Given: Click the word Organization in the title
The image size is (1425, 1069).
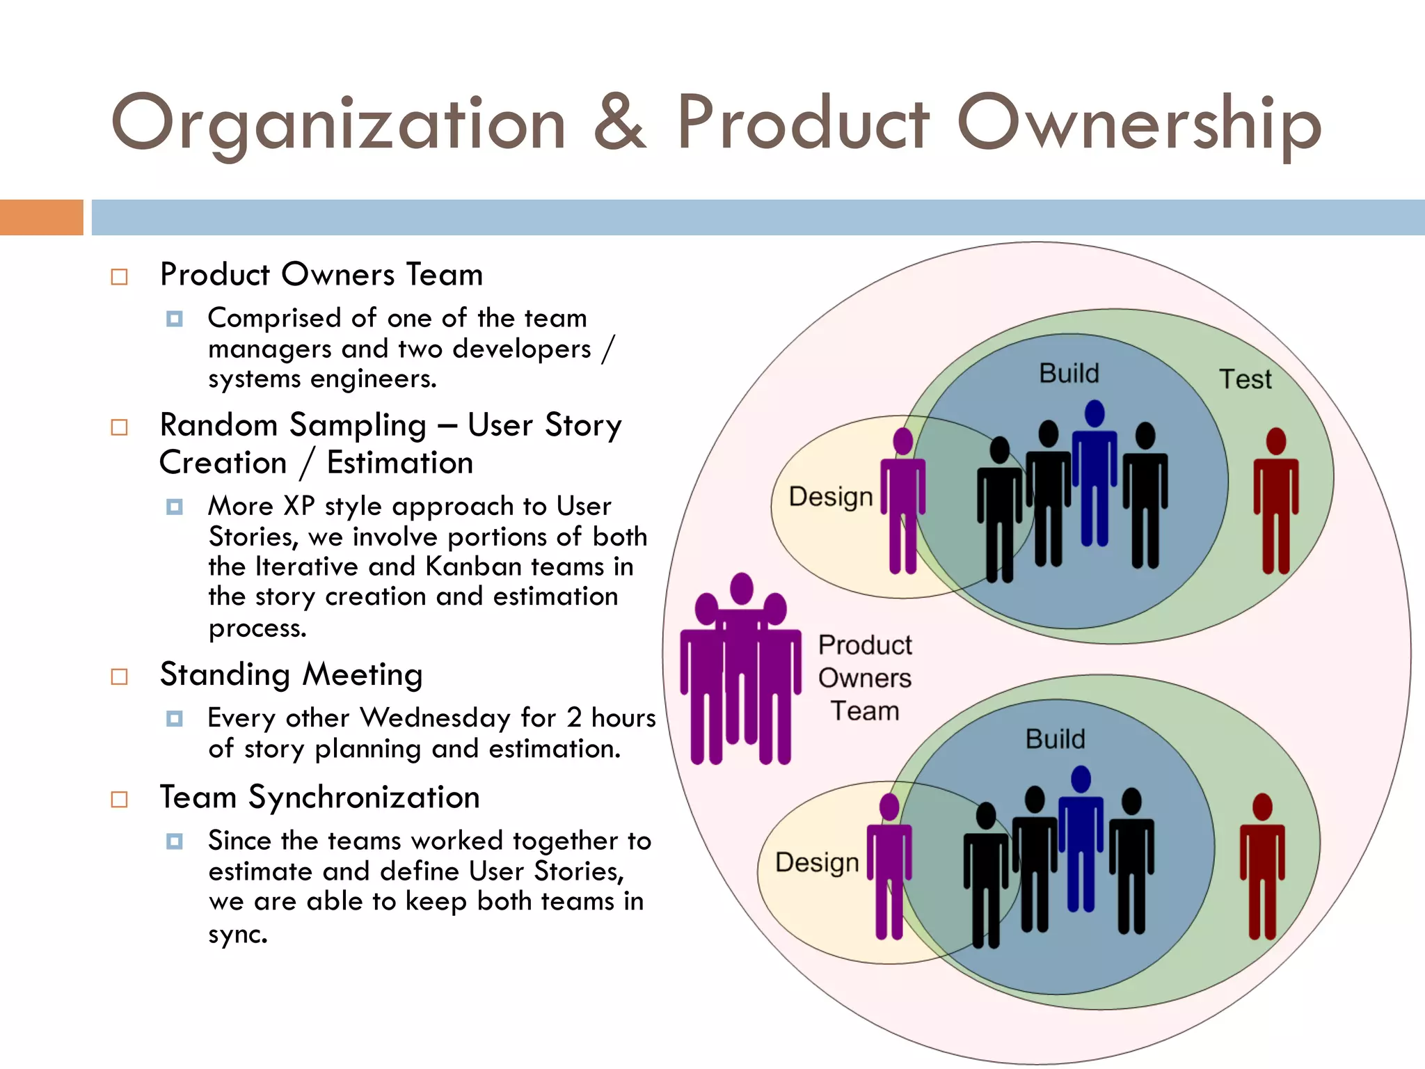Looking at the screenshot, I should click(339, 124).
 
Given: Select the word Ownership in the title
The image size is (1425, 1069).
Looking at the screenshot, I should click(1139, 124).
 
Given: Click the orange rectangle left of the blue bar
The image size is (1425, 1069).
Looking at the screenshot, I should click(41, 217).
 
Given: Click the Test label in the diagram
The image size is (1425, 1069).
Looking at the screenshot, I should click(1245, 379).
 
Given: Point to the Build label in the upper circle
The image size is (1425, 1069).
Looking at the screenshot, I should click(1069, 374).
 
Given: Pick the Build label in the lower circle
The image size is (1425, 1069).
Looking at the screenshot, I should click(1055, 739).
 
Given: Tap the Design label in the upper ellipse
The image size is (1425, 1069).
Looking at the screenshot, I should click(830, 497).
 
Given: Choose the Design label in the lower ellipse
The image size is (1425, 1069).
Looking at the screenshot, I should click(817, 862).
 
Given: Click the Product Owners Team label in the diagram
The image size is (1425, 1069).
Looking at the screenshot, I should click(865, 678).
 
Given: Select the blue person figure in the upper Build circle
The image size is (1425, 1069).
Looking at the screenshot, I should click(1094, 473).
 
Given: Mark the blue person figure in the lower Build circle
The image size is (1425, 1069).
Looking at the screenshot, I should click(1081, 839).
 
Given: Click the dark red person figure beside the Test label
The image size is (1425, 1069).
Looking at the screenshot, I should click(1276, 501).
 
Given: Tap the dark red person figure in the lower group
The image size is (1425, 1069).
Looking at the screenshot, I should click(1262, 866).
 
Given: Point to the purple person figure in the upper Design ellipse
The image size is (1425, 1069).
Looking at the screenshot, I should click(903, 501).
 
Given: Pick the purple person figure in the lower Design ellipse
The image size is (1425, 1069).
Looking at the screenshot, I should click(889, 866).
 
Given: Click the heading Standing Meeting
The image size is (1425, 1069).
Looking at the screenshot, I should click(291, 675).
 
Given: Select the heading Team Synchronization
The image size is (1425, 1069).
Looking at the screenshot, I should click(319, 798).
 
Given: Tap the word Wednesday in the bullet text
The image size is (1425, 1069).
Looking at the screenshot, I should click(436, 718).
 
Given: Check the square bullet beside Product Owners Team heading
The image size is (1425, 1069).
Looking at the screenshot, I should click(120, 277).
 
